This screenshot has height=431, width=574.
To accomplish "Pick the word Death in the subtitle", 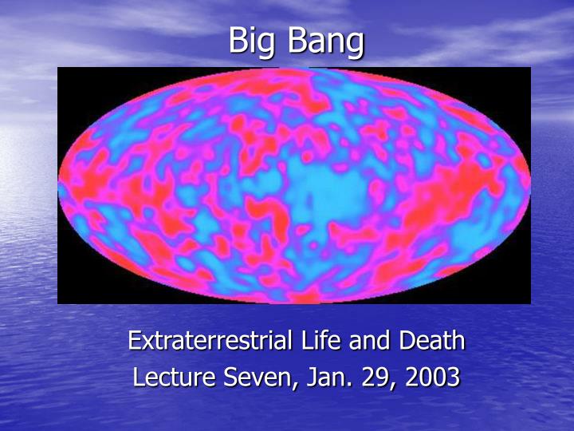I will [x=431, y=341].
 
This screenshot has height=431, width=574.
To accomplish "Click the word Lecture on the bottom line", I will [x=173, y=376].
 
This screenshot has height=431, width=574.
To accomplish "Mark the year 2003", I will [x=432, y=376].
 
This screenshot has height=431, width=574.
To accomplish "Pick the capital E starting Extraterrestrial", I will [x=134, y=341].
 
